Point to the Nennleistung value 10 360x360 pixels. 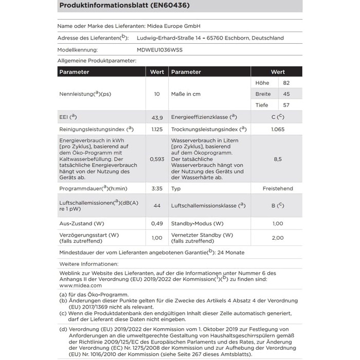[157, 94]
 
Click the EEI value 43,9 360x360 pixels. [157, 117]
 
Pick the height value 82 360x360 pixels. [286, 83]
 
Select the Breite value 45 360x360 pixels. [286, 94]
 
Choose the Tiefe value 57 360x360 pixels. [286, 105]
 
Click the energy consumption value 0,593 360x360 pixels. [157, 159]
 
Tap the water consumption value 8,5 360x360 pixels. [278, 159]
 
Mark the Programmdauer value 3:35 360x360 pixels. [157, 189]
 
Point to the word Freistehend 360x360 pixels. [278, 189]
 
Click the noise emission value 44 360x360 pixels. [157, 206]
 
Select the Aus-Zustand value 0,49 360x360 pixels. [157, 223]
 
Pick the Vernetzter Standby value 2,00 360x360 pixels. [278, 238]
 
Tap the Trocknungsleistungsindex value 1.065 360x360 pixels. [278, 129]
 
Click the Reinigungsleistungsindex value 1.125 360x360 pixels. [157, 129]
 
